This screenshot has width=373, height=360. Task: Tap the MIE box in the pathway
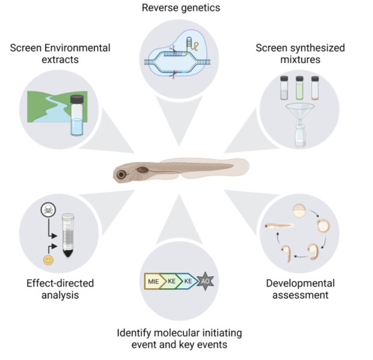(153, 281)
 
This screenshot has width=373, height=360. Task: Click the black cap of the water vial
(77, 99)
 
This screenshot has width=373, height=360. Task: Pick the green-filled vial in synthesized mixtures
(299, 88)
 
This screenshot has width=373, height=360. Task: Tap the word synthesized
(300, 48)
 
